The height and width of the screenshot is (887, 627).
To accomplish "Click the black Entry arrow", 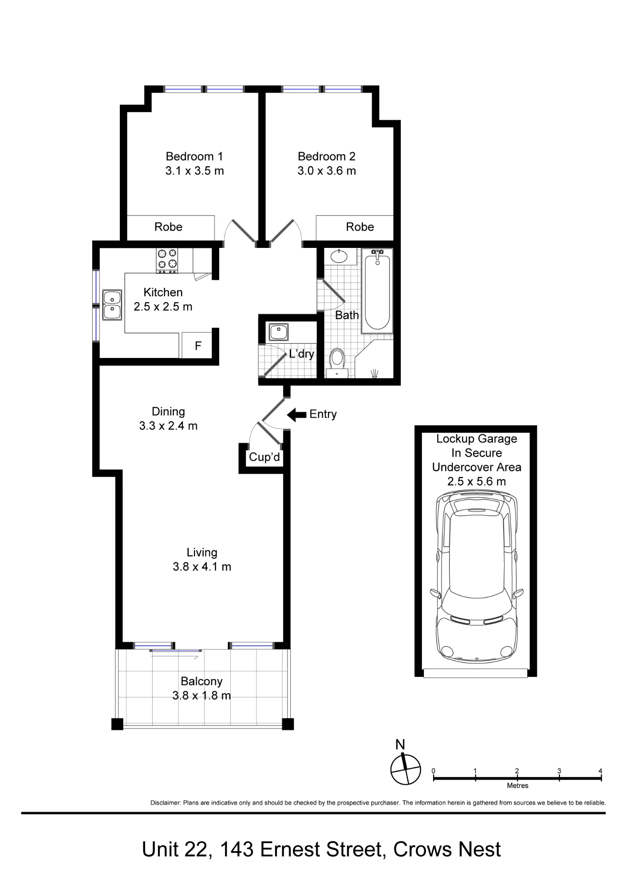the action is (x=296, y=415).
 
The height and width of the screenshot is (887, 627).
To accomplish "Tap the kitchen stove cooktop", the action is (x=167, y=260).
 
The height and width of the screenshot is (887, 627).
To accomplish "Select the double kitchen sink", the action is (x=112, y=305).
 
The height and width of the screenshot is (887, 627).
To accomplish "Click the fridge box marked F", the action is (x=198, y=345).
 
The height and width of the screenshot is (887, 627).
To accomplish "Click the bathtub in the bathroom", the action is (x=377, y=291).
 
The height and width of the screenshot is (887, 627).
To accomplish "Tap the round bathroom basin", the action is (x=339, y=256).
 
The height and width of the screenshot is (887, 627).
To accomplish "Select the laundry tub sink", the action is (x=278, y=332).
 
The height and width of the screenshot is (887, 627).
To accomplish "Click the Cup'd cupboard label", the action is (x=264, y=457).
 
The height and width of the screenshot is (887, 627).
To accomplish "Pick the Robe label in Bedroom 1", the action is (x=168, y=227).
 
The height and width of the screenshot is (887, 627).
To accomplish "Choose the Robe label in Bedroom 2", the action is (x=360, y=227).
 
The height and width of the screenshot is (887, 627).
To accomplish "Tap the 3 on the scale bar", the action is (x=559, y=771).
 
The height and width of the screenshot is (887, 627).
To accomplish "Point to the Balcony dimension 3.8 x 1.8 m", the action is (x=201, y=695).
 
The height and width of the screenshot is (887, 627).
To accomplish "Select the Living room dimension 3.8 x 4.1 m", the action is (x=202, y=567).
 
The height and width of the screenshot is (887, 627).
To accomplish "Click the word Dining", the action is (x=168, y=412).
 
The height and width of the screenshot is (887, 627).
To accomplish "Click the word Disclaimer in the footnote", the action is (x=166, y=803).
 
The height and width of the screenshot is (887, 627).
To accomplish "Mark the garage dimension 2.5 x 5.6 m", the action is (x=477, y=482).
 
